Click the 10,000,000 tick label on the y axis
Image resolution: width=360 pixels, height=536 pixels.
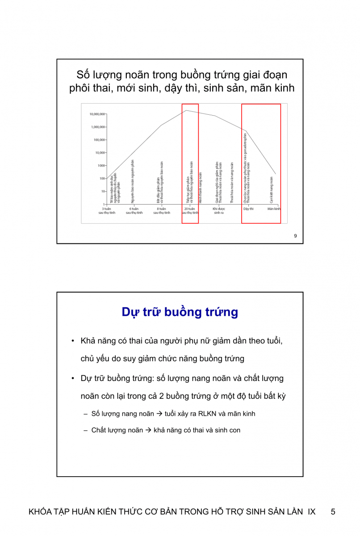tap(97, 114)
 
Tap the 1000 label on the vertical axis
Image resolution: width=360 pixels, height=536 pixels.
tap(101, 166)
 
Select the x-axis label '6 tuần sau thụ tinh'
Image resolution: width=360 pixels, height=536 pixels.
tap(134, 211)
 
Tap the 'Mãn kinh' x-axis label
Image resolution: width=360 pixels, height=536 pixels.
tap(274, 209)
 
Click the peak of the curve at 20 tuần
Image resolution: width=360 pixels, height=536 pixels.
tap(187, 110)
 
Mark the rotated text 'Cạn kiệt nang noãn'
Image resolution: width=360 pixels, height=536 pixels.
tap(272, 190)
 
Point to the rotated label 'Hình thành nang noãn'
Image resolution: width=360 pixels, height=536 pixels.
tap(201, 188)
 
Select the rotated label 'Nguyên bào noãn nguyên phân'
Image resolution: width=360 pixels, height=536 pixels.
tap(133, 181)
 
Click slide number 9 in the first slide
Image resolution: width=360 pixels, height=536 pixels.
tap(295, 236)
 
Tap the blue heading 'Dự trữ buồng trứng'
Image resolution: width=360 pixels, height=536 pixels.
tap(180, 312)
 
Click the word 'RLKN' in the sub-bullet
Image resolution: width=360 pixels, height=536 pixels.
tap(207, 414)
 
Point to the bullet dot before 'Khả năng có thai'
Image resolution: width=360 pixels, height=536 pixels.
tap(72, 341)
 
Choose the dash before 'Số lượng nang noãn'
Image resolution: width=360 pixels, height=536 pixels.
tap(85, 414)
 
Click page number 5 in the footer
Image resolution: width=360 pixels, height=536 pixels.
tap(333, 512)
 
